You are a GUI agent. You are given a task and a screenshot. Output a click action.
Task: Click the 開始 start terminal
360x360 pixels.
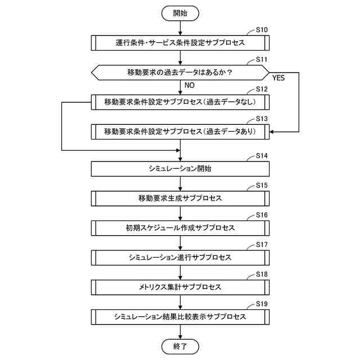[180, 12]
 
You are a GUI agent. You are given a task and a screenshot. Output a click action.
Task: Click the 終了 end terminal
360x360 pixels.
[180, 346]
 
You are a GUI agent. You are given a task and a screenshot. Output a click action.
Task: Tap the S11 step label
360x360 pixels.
[262, 59]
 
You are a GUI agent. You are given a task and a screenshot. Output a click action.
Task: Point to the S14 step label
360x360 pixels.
[262, 155]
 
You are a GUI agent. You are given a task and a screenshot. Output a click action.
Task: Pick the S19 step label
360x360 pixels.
[262, 304]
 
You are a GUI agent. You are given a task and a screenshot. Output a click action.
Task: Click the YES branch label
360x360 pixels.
[278, 78]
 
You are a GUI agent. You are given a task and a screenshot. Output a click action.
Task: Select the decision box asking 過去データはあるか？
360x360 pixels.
[180, 72]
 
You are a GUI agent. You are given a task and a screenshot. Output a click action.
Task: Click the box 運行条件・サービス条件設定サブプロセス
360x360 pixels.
[180, 42]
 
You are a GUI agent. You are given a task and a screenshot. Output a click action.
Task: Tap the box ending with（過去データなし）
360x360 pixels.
[180, 102]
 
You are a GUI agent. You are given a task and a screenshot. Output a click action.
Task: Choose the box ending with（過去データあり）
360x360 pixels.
[180, 132]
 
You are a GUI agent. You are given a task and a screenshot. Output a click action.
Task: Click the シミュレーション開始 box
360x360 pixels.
[180, 168]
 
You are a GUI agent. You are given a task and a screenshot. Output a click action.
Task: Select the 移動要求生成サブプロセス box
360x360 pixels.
[180, 198]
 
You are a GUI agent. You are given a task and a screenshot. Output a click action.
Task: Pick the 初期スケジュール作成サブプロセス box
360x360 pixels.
[180, 228]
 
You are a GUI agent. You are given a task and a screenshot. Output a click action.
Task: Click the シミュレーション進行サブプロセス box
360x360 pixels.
[180, 258]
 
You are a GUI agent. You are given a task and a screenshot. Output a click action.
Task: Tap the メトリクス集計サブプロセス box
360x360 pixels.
[180, 287]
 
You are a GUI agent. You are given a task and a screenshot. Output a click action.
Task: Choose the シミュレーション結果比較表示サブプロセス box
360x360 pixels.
[180, 317]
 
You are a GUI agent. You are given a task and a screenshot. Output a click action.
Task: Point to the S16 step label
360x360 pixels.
[262, 215]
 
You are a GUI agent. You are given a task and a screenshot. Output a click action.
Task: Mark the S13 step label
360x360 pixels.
[262, 119]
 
